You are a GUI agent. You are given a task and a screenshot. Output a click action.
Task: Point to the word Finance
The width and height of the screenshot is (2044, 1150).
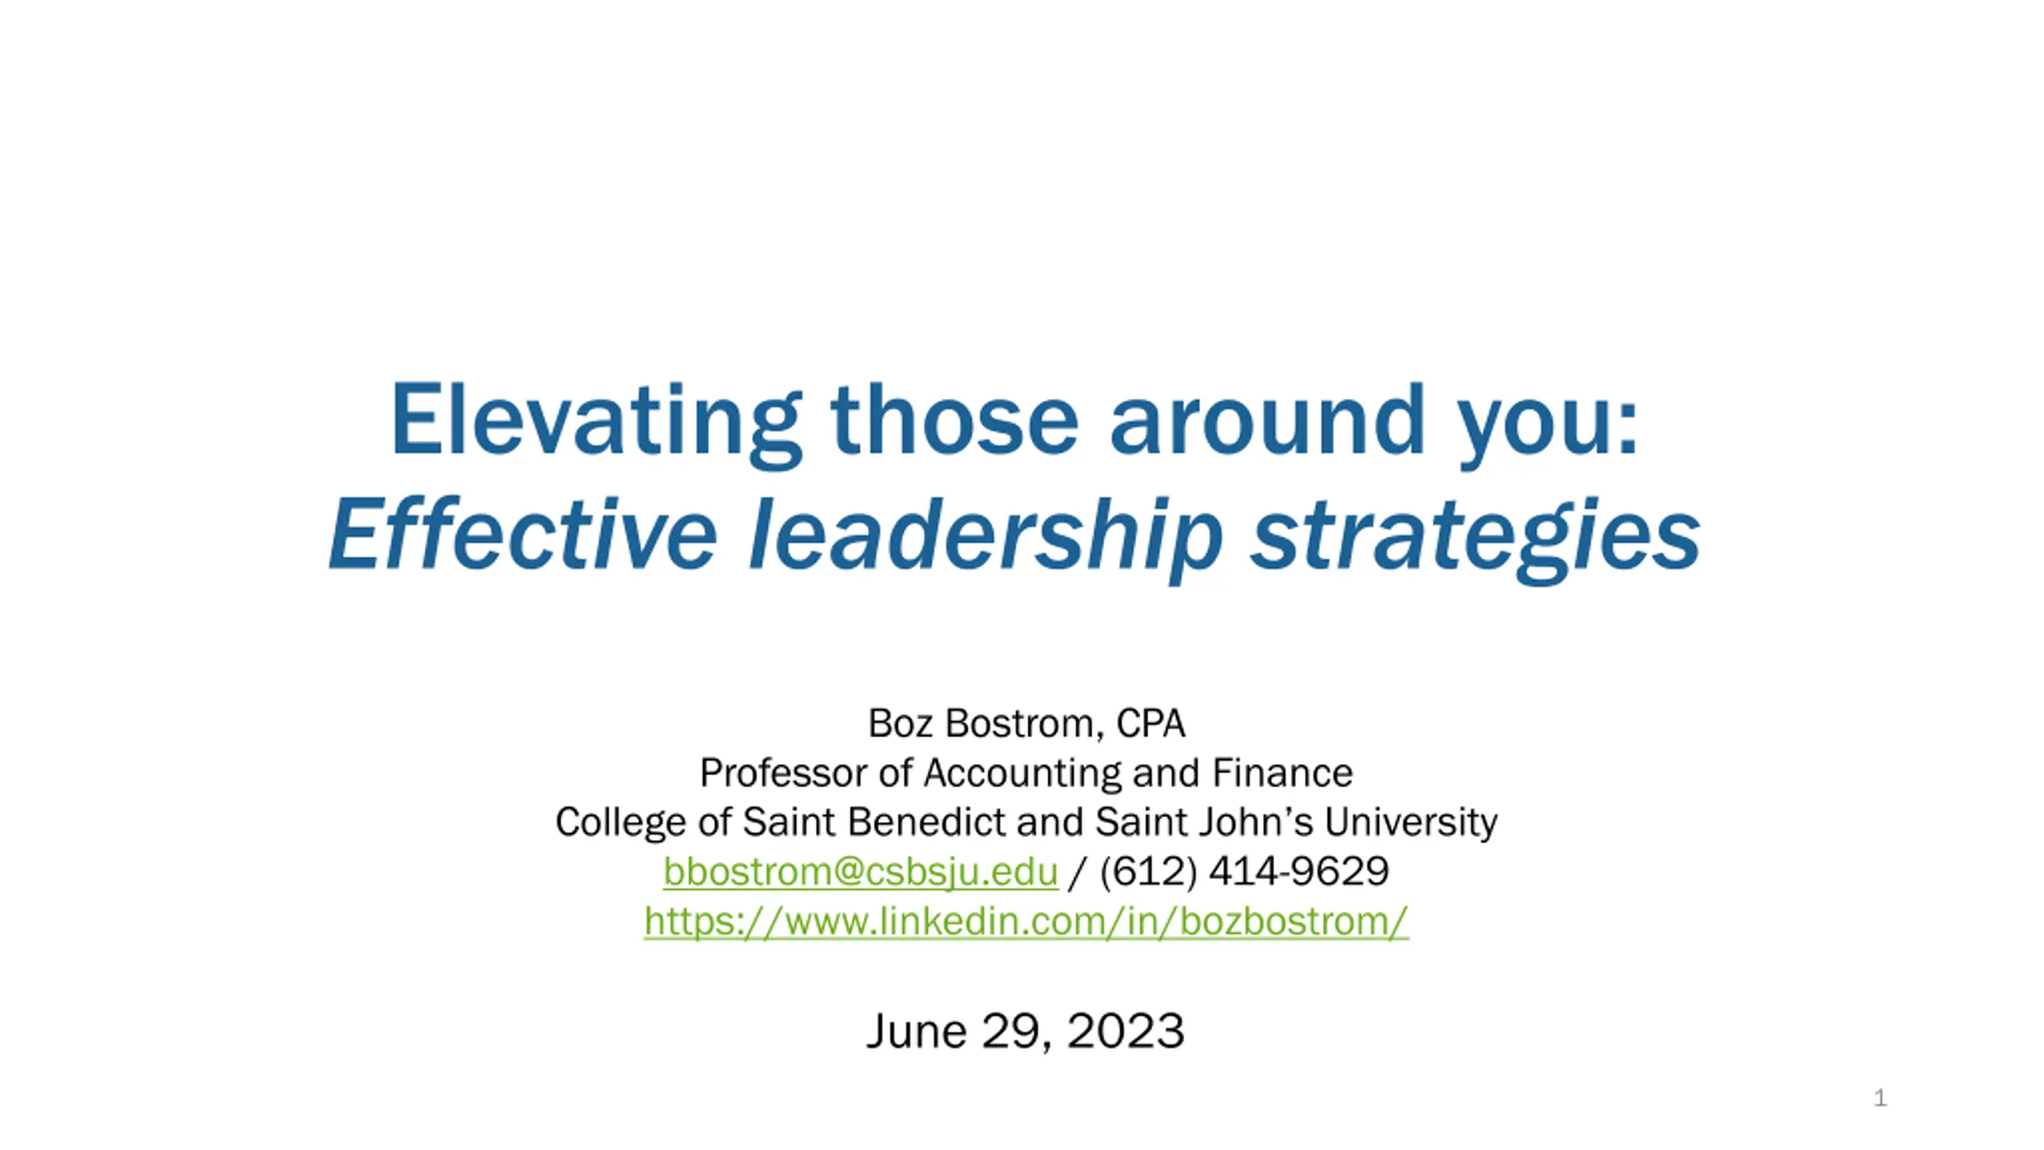coord(1282,773)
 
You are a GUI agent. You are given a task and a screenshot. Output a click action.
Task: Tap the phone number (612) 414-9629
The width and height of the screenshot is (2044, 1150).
coord(1244,871)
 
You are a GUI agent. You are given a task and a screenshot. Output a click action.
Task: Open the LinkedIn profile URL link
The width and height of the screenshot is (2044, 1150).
coord(1026,922)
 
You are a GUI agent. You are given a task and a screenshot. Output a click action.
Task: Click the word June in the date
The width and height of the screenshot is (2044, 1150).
coord(917,1030)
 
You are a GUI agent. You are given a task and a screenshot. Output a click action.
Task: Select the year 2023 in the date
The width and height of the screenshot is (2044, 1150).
coord(1126,1030)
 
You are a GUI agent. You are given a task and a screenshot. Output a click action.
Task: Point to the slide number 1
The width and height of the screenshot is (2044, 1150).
coord(1880,1098)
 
